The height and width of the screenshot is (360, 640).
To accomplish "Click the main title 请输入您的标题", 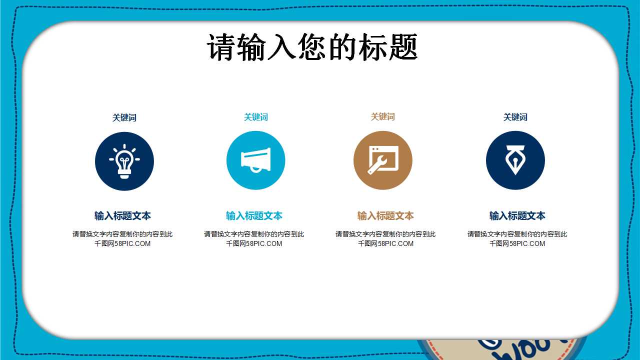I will [312, 47].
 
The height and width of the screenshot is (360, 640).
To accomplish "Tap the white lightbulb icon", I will [124, 161].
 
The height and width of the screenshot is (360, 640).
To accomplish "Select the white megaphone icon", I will [255, 160].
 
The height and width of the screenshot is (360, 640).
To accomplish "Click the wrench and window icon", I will [383, 160].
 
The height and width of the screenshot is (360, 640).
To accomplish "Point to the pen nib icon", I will [515, 160].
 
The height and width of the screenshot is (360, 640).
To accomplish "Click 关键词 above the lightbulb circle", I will [124, 117].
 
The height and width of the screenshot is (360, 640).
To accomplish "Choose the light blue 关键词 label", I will [255, 117].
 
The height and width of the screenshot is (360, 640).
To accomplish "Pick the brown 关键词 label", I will [382, 116].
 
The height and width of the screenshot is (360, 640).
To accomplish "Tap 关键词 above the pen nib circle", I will [515, 117].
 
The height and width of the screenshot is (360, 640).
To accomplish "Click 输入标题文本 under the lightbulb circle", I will [122, 216].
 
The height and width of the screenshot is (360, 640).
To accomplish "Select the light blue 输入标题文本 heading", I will [254, 216].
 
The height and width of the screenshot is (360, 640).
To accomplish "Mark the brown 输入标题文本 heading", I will [385, 216].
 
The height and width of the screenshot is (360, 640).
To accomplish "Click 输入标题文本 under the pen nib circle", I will [517, 216].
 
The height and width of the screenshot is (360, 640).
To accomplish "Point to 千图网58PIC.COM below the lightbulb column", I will [122, 244].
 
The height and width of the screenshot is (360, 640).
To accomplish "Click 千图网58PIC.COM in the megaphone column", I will [254, 244].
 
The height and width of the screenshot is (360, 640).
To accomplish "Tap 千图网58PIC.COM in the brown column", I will [385, 244].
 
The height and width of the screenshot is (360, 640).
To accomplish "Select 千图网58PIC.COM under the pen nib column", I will [517, 244].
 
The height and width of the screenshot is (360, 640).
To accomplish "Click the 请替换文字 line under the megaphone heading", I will [254, 234].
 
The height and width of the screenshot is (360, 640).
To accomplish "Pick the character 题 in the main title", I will [403, 47].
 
